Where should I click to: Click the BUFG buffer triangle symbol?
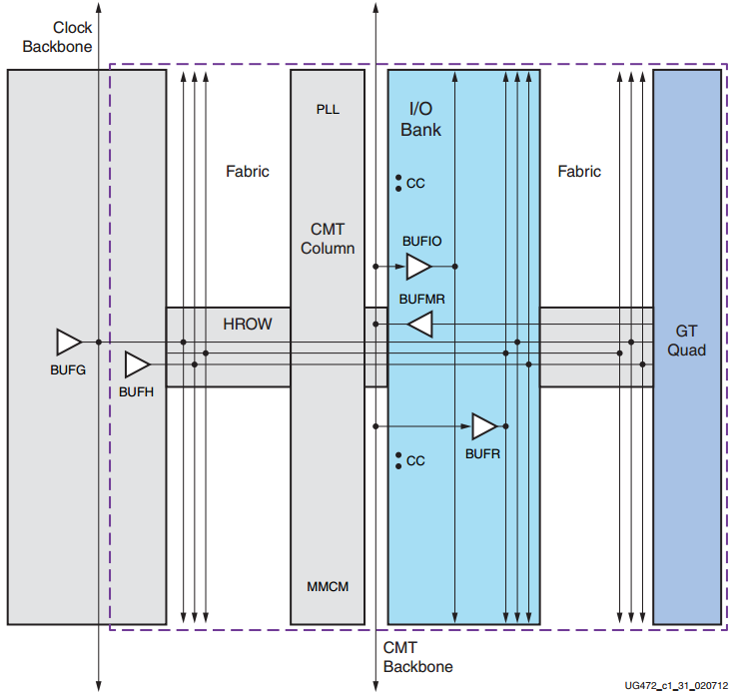[68, 342]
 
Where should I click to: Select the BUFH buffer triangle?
[136, 364]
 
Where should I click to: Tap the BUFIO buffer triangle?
[418, 267]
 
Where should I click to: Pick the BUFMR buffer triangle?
[419, 324]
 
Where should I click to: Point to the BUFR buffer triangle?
[484, 426]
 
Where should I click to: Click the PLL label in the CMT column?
[328, 109]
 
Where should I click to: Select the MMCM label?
[328, 586]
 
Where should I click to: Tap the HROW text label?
[247, 325]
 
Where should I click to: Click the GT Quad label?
[687, 341]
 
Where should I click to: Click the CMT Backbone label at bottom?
[417, 657]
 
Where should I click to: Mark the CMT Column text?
[328, 239]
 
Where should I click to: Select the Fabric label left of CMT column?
[247, 172]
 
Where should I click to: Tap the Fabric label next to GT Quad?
[579, 172]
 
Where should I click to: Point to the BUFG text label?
[68, 369]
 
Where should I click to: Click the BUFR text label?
[482, 453]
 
